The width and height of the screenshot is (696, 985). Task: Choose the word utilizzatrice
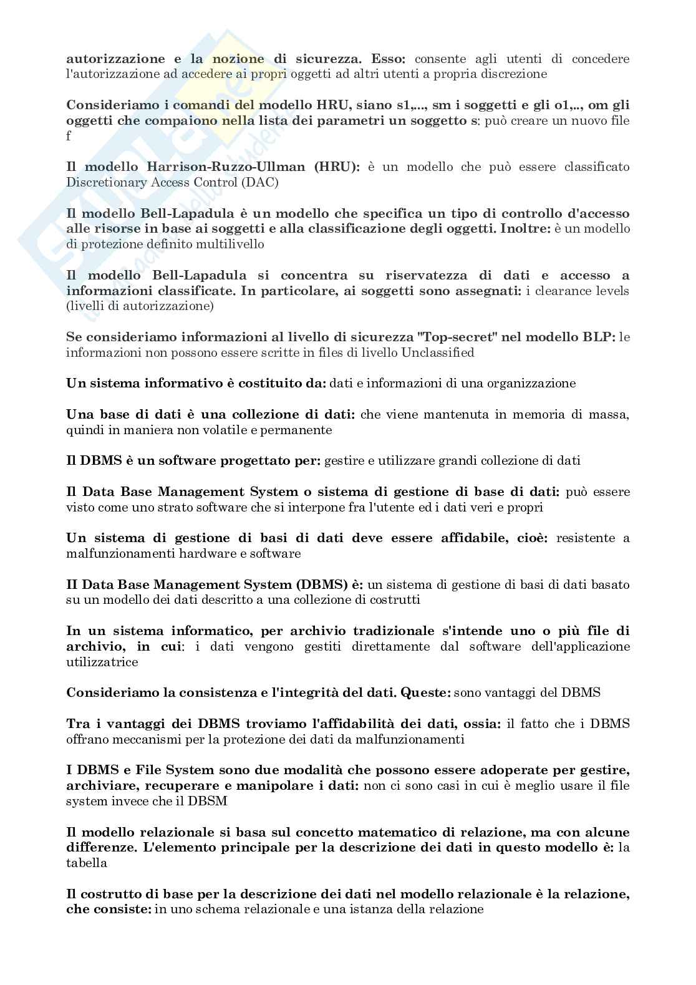click(x=102, y=662)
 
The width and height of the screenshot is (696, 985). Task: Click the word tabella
click(x=87, y=863)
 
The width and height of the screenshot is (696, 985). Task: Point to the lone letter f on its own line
click(x=69, y=136)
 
